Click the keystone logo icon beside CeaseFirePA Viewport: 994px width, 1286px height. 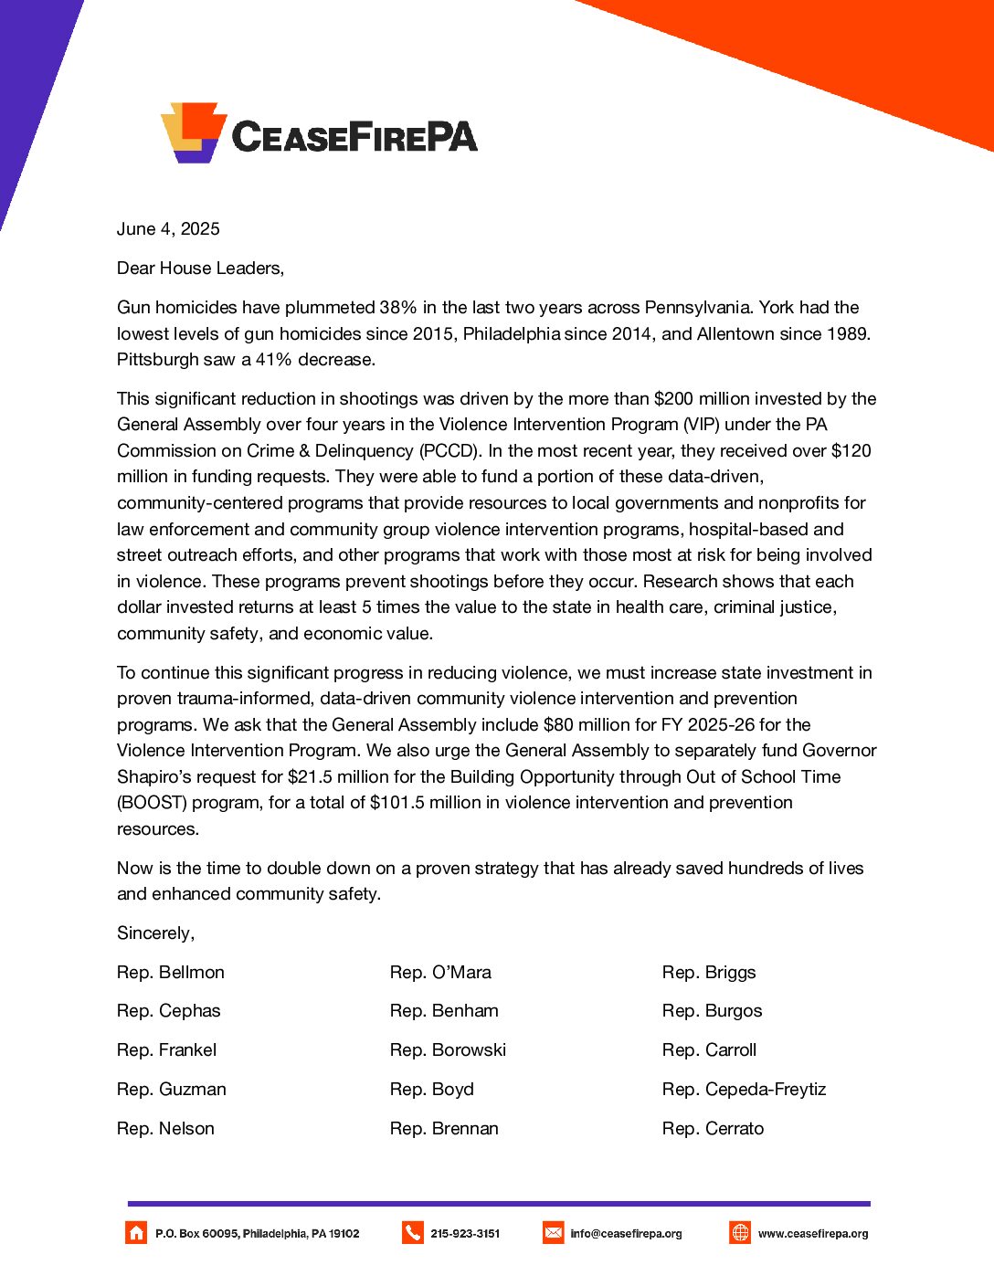(x=194, y=132)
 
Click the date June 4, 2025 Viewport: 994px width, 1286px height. (x=168, y=229)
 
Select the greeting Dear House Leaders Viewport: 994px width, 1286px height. (x=200, y=269)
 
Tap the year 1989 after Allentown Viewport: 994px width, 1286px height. (x=848, y=333)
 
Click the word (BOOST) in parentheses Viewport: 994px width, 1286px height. (x=154, y=803)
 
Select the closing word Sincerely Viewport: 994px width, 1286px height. (x=155, y=933)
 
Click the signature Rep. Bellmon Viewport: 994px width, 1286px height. (x=171, y=973)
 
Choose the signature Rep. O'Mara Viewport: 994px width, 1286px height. (x=440, y=973)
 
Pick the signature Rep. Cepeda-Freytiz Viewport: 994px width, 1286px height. (x=744, y=1090)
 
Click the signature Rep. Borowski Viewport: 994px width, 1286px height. (x=448, y=1050)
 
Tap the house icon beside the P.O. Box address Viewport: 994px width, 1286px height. (x=136, y=1233)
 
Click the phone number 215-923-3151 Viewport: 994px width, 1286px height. (x=465, y=1234)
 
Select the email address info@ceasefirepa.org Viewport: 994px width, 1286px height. (x=626, y=1234)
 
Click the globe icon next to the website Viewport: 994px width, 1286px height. (x=740, y=1233)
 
